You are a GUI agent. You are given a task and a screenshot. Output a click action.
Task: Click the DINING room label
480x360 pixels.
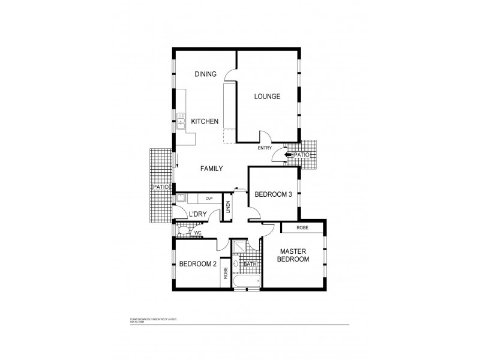point(205,74)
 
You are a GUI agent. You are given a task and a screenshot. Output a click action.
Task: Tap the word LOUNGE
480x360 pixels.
point(267,97)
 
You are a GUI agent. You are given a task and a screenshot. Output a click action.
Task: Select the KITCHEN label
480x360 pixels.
point(205,122)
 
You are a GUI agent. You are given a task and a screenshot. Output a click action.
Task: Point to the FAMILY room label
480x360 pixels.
point(211,169)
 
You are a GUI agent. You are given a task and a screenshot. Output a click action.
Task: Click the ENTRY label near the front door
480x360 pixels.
point(265,148)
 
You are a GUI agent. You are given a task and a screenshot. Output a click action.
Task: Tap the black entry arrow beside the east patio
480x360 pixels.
point(289,155)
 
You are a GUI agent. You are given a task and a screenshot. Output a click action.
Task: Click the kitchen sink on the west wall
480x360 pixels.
point(181,122)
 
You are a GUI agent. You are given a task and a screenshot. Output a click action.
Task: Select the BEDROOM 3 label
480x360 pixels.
point(274,194)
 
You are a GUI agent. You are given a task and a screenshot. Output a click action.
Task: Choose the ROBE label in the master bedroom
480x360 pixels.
point(302,228)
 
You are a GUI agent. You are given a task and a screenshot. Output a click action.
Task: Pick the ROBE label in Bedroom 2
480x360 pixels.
point(226,274)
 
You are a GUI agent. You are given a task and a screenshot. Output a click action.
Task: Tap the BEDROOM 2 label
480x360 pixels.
point(197,264)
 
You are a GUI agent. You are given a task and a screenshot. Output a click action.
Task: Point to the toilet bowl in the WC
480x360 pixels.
point(182,232)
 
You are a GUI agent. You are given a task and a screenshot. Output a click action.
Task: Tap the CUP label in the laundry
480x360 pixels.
point(209,199)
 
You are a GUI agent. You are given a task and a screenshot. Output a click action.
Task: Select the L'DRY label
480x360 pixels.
point(198,214)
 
